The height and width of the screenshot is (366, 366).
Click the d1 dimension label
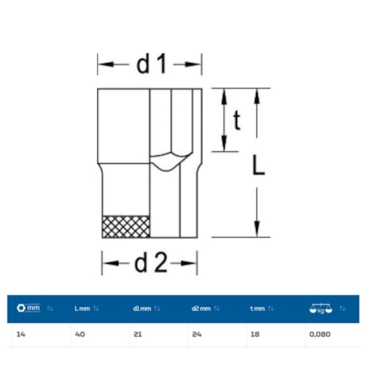click(x=151, y=64)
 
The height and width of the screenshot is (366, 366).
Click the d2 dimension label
click(x=151, y=263)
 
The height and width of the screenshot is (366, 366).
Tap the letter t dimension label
click(x=237, y=120)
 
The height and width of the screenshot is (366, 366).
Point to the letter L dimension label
click(x=259, y=165)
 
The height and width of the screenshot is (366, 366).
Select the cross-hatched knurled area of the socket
click(x=126, y=227)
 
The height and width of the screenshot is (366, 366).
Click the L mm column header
click(x=82, y=309)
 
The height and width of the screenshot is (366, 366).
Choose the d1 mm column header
click(x=142, y=309)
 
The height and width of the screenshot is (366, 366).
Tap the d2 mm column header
click(x=201, y=309)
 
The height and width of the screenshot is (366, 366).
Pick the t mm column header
click(x=258, y=309)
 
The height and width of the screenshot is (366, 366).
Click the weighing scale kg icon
click(x=321, y=309)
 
